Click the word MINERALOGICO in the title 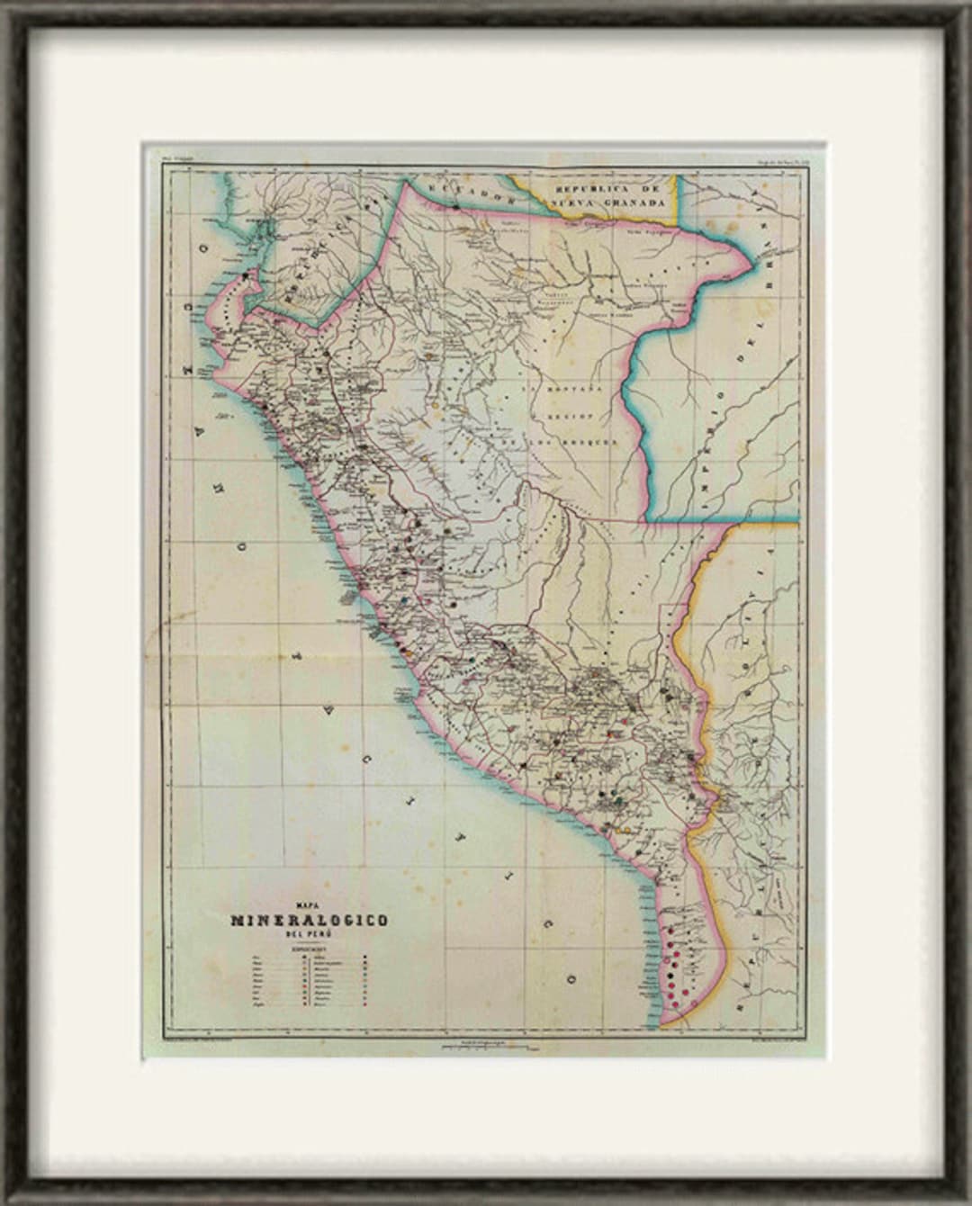(310, 921)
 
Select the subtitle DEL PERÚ (308, 934)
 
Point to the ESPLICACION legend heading (309, 948)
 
